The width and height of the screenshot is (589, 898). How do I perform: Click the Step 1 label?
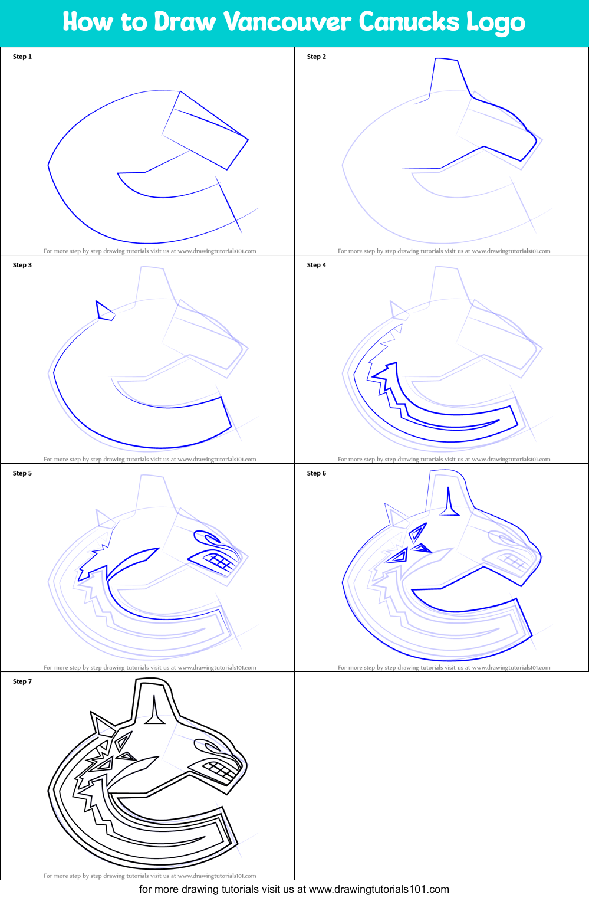point(22,57)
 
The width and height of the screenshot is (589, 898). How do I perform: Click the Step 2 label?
point(317,57)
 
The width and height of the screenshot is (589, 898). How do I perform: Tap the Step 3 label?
point(22,265)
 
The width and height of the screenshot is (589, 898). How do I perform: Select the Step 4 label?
point(317,265)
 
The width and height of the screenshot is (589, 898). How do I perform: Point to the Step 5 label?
point(22,473)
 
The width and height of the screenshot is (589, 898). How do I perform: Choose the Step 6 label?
point(317,473)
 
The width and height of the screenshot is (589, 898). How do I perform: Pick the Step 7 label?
point(22,681)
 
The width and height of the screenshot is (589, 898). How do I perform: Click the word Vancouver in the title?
point(287,22)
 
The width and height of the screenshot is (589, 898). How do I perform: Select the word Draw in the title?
point(185,22)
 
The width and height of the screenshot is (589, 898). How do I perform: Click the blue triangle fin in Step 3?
point(104,311)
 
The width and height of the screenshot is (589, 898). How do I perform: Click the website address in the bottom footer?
point(379,889)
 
